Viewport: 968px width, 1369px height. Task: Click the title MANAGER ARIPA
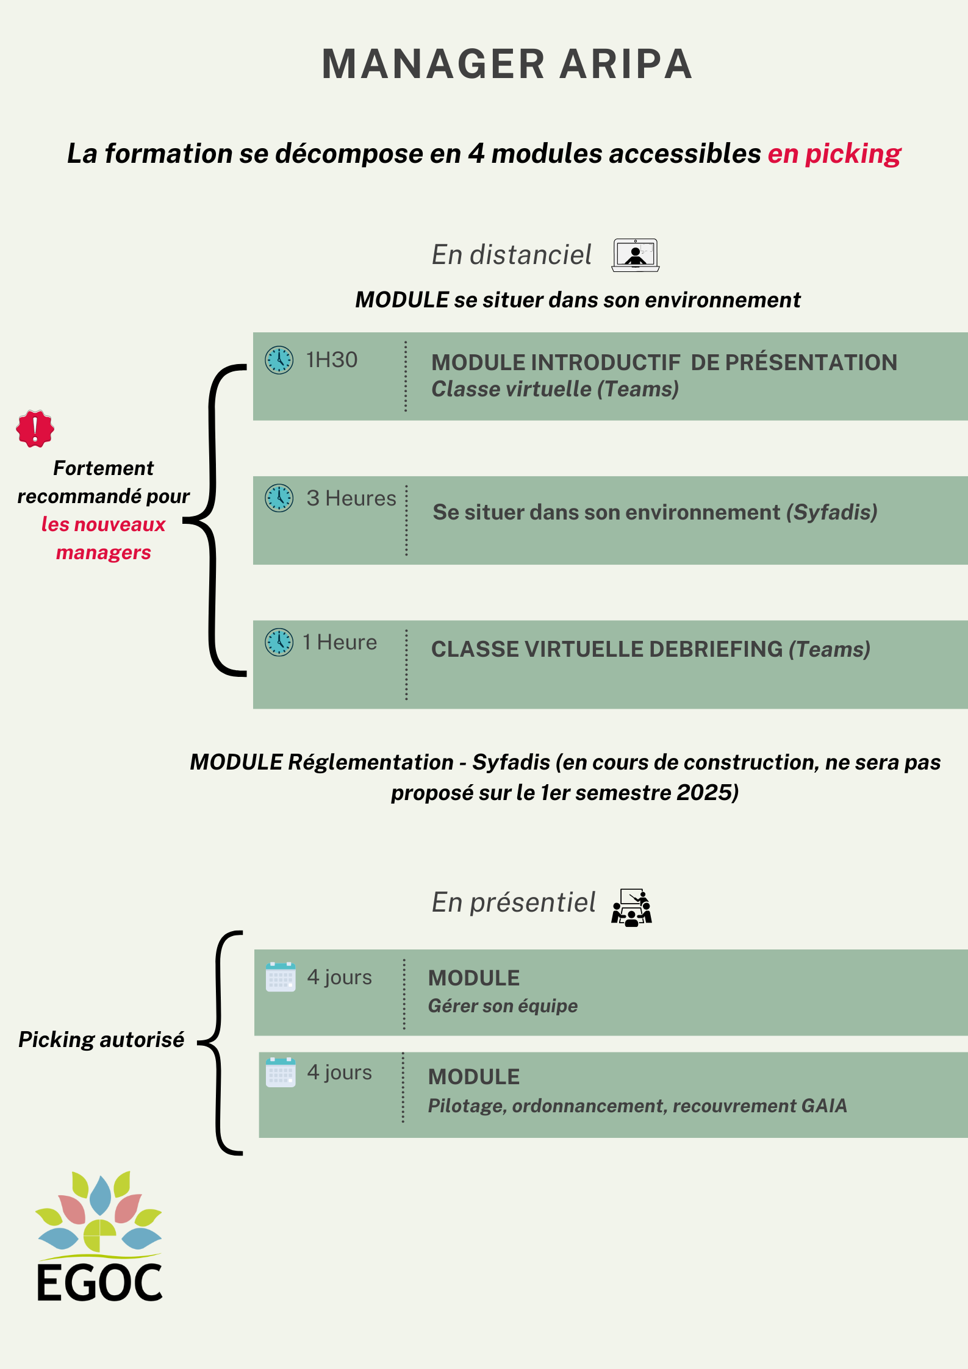click(x=507, y=64)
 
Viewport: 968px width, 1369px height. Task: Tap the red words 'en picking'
click(x=834, y=154)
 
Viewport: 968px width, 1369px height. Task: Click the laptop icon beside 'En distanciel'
click(x=636, y=255)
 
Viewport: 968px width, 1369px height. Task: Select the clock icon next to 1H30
click(x=279, y=360)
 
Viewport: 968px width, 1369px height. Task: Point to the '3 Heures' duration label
click(x=351, y=498)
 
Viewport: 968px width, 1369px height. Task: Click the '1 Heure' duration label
click(x=340, y=642)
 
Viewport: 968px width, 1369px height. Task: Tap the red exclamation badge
click(x=35, y=429)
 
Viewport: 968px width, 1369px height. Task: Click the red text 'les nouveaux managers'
click(x=104, y=538)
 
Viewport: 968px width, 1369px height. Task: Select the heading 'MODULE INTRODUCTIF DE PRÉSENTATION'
click(x=664, y=362)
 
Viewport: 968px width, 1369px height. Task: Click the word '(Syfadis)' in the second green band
click(x=832, y=512)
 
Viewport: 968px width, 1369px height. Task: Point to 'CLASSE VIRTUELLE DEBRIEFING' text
click(x=607, y=649)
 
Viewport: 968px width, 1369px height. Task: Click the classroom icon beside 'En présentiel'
click(x=632, y=907)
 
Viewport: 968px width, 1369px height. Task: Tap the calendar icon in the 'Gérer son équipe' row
click(x=281, y=977)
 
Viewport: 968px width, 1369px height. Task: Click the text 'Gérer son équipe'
click(x=503, y=1006)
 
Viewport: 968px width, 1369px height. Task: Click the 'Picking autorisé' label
click(x=101, y=1040)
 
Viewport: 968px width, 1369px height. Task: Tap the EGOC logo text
click(x=100, y=1283)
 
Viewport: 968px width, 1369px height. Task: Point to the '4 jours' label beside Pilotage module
click(x=339, y=1072)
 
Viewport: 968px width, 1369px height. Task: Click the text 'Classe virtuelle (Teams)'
click(x=555, y=389)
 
